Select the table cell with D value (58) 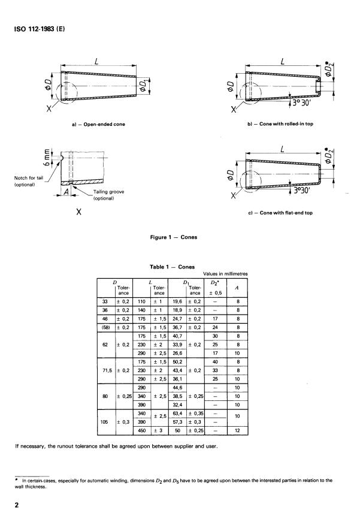pyautogui.click(x=105, y=328)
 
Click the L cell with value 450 pyautogui.click(x=143, y=430)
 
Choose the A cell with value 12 pyautogui.click(x=238, y=430)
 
